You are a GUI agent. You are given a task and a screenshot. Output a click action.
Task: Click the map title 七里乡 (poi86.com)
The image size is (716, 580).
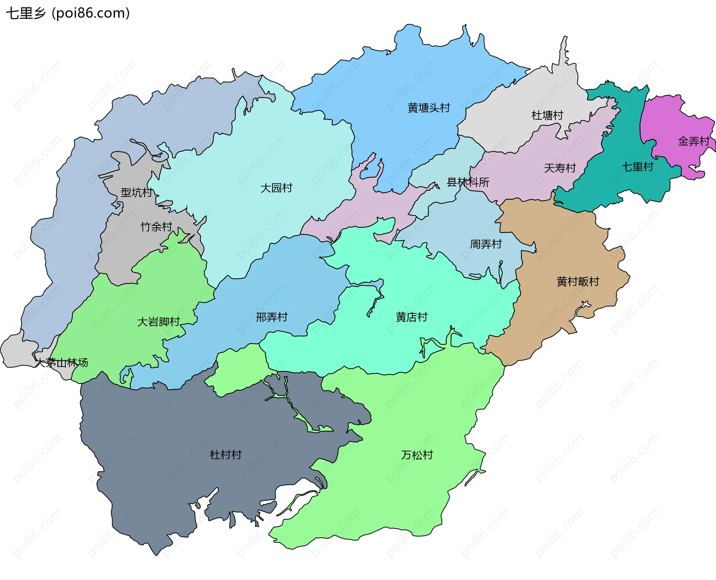point(68,13)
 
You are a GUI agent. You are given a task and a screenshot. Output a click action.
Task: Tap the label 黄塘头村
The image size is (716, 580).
point(429,108)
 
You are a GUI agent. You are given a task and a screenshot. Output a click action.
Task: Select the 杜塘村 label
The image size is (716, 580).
point(547,116)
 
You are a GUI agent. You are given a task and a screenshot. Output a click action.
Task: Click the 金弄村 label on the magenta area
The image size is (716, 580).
point(694,142)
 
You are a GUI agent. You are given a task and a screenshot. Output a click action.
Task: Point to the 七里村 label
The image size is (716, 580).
point(637,167)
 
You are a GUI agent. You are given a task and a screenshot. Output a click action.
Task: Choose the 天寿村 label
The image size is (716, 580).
point(560,168)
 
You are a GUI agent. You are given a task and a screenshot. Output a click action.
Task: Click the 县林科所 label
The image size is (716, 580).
point(468,182)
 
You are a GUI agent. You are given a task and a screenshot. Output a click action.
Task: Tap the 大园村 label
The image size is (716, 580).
point(276,188)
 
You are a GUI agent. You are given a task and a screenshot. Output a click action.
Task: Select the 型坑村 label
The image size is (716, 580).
point(136,193)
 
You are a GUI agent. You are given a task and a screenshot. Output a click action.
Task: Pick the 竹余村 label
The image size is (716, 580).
point(156,227)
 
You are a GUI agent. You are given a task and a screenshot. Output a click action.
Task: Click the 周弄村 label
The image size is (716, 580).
point(486,245)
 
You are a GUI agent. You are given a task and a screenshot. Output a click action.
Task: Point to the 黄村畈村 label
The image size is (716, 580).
point(578,282)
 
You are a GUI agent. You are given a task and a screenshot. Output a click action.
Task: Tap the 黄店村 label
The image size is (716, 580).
point(411,317)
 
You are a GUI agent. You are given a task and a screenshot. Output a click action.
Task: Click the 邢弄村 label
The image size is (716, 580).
point(271,317)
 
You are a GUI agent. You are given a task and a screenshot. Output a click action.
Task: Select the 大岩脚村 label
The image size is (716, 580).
point(158,322)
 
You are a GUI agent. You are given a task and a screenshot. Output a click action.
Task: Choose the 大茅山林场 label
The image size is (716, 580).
point(62,363)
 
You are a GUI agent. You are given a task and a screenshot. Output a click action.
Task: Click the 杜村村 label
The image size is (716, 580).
point(226,455)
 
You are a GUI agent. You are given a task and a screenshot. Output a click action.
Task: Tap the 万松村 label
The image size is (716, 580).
point(417,455)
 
